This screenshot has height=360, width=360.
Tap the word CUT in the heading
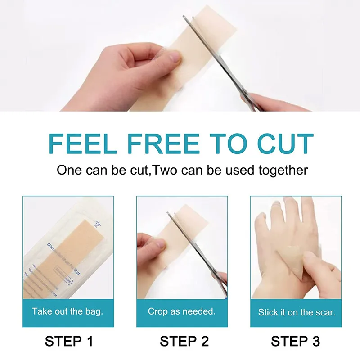[x=285, y=144]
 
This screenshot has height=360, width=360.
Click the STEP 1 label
[x=69, y=341]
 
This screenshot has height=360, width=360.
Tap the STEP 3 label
[x=296, y=341]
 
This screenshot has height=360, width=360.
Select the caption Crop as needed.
[x=182, y=311]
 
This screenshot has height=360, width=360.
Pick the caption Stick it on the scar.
[x=296, y=311]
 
